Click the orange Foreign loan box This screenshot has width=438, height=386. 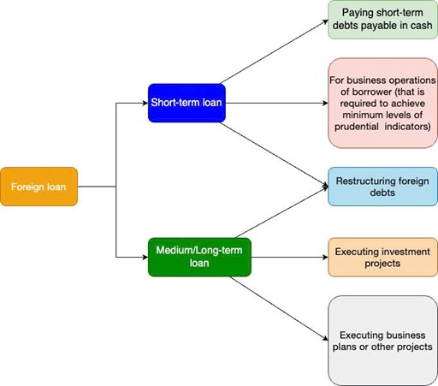(39, 187)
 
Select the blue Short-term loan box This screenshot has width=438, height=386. (186, 103)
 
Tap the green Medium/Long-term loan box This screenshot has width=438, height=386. (199, 257)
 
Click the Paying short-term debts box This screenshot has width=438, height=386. (382, 20)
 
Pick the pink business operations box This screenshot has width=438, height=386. (382, 103)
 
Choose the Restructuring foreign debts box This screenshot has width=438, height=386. (382, 187)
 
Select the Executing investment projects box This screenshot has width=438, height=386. (382, 257)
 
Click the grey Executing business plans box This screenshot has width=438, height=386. (382, 341)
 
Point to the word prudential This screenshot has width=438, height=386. (357, 127)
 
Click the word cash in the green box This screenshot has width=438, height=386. (421, 26)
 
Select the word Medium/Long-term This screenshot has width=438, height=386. (199, 250)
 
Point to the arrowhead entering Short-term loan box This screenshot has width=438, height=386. (145, 103)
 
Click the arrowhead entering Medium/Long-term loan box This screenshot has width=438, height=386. (145, 257)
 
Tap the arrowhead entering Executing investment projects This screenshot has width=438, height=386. (325, 257)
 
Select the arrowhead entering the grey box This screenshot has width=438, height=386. (325, 338)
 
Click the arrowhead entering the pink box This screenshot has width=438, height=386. (325, 103)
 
